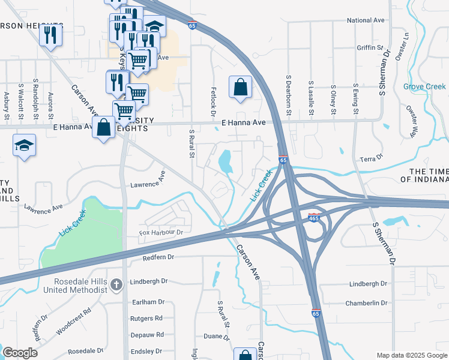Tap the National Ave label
point(366,20)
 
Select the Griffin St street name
point(369,47)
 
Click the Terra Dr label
point(371,158)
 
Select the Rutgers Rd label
point(146,318)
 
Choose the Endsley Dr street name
point(146,351)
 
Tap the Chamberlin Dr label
point(366,303)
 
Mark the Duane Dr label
point(213,337)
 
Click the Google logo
point(20,353)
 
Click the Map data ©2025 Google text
point(411,355)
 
